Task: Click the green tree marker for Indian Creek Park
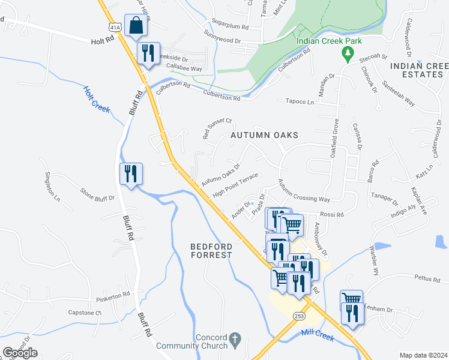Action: pos(347,55)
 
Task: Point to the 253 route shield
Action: pos(298,316)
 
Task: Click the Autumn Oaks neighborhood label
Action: pos(264,136)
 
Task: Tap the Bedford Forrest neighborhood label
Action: pos(211,250)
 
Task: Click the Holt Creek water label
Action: pos(96,100)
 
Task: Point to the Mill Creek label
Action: pos(318,335)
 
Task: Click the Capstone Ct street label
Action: pos(85,313)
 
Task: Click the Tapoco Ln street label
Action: pos(300,102)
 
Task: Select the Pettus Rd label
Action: pos(428,278)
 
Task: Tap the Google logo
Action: pos(20,352)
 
